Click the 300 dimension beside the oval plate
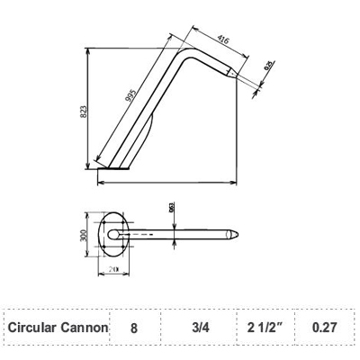pyautogui.click(x=84, y=235)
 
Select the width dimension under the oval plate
pyautogui.click(x=113, y=268)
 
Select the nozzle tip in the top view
pyautogui.click(x=235, y=235)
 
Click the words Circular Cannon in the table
pyautogui.click(x=58, y=328)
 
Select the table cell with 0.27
pyautogui.click(x=324, y=328)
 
